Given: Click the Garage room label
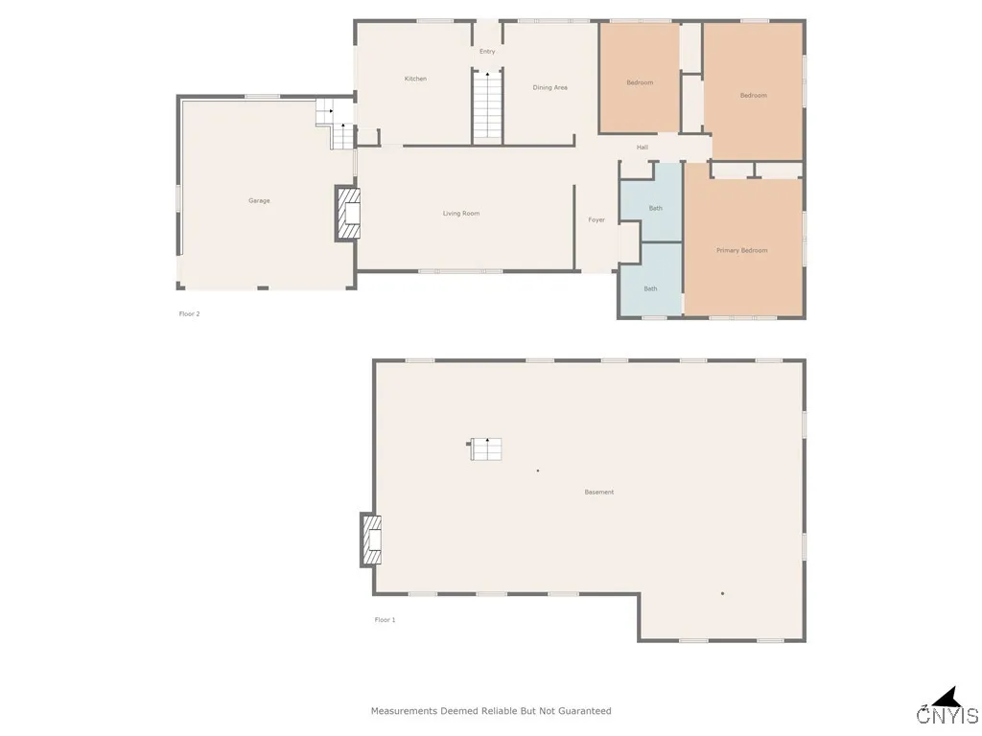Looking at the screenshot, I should (259, 200).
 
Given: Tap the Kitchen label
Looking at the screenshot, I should (415, 79).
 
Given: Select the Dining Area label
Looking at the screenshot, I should (549, 87).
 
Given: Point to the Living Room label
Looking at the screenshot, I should (460, 214).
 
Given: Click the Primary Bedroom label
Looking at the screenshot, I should (741, 250).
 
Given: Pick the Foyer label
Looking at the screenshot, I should (596, 219).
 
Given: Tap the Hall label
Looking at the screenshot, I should (643, 147).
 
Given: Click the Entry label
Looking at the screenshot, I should (487, 51).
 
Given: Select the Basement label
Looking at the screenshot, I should (598, 492).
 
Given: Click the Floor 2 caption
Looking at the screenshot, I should (189, 313).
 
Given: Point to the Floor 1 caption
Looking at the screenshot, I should (385, 620).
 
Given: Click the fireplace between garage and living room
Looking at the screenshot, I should (347, 213).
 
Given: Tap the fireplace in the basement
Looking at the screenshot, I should (371, 540).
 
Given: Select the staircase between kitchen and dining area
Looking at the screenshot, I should (487, 105).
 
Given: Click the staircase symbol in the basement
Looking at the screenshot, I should (486, 448).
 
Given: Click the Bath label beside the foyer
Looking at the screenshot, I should (655, 208).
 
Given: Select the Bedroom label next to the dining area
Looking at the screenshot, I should (640, 82).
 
